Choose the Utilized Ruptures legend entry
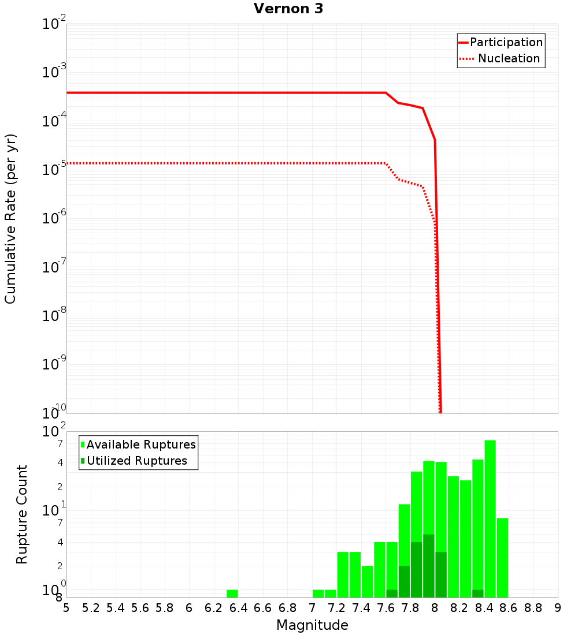136,461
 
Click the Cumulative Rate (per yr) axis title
10,218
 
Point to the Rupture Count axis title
22,514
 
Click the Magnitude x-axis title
312,625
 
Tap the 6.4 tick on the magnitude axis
238,608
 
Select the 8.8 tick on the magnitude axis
533,608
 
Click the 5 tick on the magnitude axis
66,608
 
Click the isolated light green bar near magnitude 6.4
232,593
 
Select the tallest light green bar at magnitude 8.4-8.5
490,518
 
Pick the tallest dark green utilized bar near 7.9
429,566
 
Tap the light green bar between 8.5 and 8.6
502,558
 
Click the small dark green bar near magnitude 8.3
478,593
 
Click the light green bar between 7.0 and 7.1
318,593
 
